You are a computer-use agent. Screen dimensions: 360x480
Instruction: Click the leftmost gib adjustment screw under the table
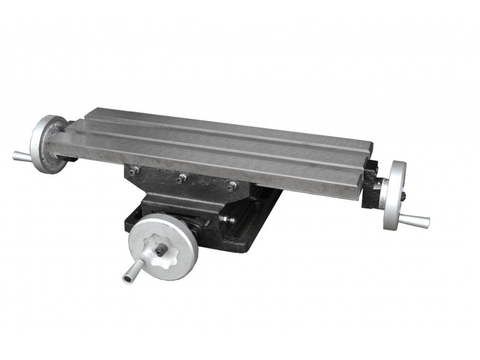tap(134, 171)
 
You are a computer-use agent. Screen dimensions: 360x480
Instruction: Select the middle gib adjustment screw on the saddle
tap(181, 178)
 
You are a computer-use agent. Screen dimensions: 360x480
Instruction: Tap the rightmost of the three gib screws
tap(230, 186)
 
